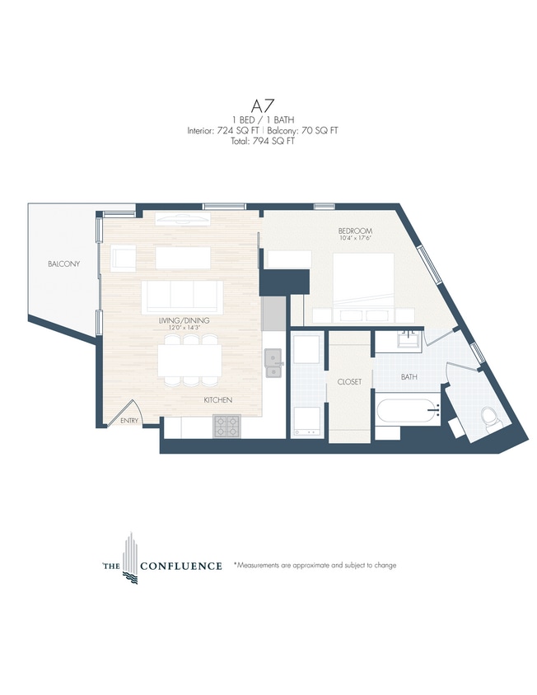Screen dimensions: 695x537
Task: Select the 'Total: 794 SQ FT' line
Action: (264, 141)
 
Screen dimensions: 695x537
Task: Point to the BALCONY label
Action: (63, 264)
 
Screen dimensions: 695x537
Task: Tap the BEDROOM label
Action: (355, 231)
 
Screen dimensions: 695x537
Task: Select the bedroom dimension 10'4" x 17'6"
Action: (355, 239)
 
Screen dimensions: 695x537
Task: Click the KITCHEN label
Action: (218, 400)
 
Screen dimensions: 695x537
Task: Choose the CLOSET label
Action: (349, 382)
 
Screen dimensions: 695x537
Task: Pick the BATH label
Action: (409, 378)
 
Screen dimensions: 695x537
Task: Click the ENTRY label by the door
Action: (129, 421)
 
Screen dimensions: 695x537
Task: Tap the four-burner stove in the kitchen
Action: (226, 426)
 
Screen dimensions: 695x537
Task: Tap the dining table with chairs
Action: (189, 361)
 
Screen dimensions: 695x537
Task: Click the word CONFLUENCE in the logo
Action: (181, 566)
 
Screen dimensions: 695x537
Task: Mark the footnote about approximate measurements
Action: (315, 566)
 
